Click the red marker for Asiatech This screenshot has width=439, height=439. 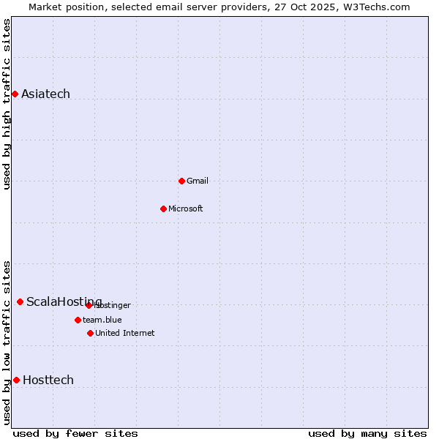click(x=15, y=94)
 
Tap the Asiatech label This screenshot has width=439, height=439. click(x=45, y=94)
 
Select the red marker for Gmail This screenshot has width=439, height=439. click(x=181, y=181)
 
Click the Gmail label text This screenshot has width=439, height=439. click(x=198, y=181)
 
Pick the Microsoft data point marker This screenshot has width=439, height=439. click(x=163, y=209)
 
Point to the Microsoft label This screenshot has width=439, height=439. click(x=186, y=209)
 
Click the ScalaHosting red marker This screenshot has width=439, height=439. click(x=20, y=301)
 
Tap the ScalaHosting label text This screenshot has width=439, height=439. click(x=64, y=301)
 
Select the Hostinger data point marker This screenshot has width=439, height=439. click(x=89, y=305)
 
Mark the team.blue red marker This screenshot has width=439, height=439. click(x=78, y=320)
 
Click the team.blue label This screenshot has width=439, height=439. click(x=102, y=320)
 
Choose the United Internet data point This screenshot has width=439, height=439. click(x=90, y=333)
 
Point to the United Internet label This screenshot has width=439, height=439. click(x=125, y=333)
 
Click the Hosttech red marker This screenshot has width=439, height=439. click(x=16, y=380)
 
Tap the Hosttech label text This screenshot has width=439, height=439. click(x=48, y=380)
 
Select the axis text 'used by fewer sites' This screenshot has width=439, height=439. click(x=75, y=433)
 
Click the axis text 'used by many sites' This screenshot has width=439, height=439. click(x=367, y=433)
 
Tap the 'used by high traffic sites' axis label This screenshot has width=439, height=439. click(x=7, y=104)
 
